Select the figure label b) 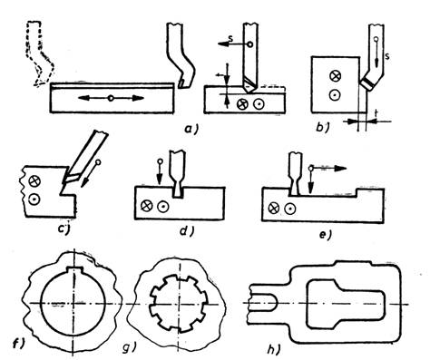tap(322, 128)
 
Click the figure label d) tap(187, 231)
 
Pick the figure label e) tap(326, 235)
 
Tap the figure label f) tap(18, 345)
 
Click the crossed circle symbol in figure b tap(334, 75)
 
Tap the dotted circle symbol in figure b tap(334, 95)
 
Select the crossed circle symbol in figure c tap(34, 181)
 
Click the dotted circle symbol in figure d tap(163, 206)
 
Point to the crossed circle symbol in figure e tap(274, 208)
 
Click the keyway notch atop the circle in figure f tap(74, 269)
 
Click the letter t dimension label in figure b tap(376, 113)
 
